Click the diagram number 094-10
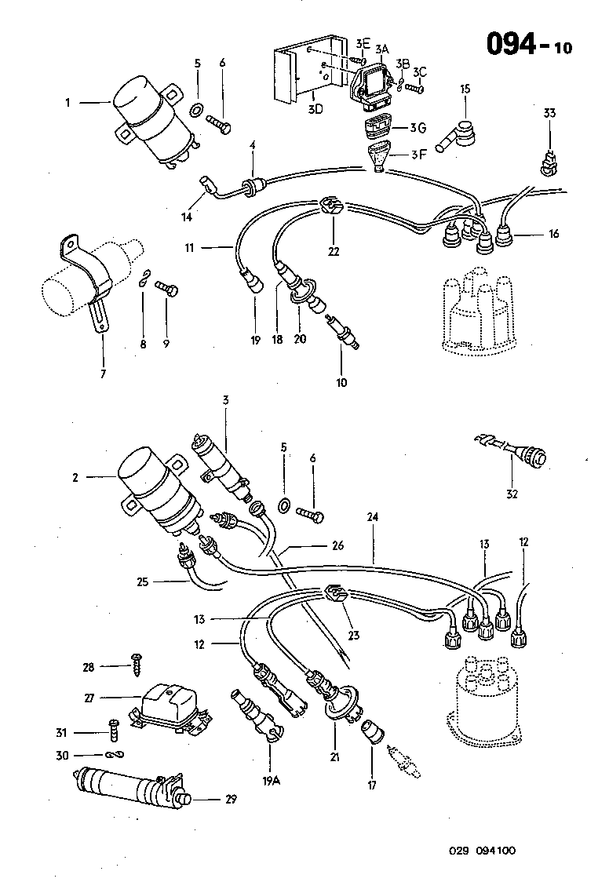pyautogui.click(x=529, y=44)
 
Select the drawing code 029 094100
pyautogui.click(x=483, y=851)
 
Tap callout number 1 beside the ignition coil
pyautogui.click(x=68, y=102)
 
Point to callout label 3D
pyautogui.click(x=315, y=108)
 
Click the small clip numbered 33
pyautogui.click(x=549, y=164)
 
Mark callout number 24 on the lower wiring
pyautogui.click(x=372, y=519)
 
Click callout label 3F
pyautogui.click(x=419, y=154)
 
